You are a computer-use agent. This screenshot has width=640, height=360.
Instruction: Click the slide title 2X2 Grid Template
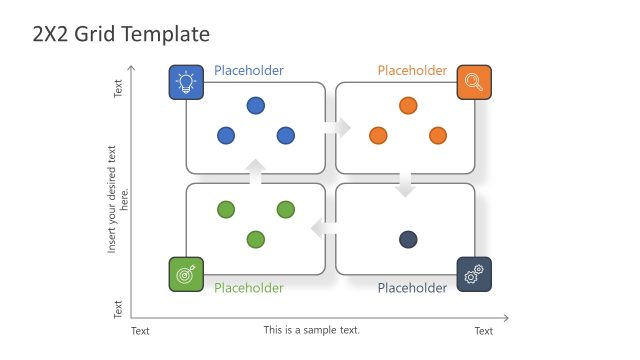(x=121, y=33)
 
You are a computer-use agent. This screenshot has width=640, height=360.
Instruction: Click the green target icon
(x=186, y=274)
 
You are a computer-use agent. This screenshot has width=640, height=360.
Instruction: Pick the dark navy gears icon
(x=474, y=274)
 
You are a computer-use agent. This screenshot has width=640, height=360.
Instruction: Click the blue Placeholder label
(x=249, y=71)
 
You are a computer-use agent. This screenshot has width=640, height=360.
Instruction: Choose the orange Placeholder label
(x=412, y=71)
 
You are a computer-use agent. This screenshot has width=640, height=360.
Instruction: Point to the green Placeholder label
(x=249, y=288)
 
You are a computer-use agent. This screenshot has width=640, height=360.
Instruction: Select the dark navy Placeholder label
(x=412, y=288)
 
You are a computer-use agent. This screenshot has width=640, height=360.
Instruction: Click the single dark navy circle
(x=408, y=239)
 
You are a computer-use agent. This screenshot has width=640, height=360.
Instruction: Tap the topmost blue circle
(x=256, y=105)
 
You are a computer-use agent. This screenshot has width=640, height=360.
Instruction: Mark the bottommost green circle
(x=256, y=239)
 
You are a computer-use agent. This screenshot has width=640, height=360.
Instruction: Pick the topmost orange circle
(x=408, y=105)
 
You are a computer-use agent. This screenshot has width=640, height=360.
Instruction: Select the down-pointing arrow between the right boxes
(x=405, y=185)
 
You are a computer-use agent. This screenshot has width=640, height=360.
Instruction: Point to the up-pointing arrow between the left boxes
(x=256, y=171)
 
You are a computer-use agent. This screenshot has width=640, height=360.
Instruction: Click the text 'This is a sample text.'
(x=311, y=330)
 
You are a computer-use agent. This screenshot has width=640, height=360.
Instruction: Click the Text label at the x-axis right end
(x=483, y=331)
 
